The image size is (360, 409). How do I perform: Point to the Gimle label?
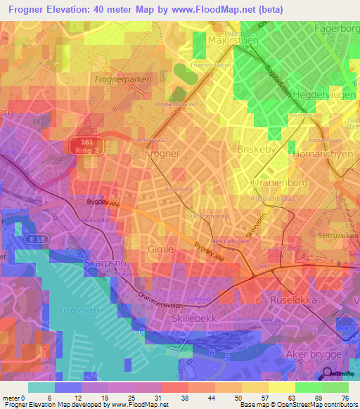point(160,249)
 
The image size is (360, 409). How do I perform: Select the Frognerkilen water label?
point(83,309)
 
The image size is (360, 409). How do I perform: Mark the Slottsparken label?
point(337,236)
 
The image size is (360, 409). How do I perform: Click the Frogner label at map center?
point(162,152)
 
